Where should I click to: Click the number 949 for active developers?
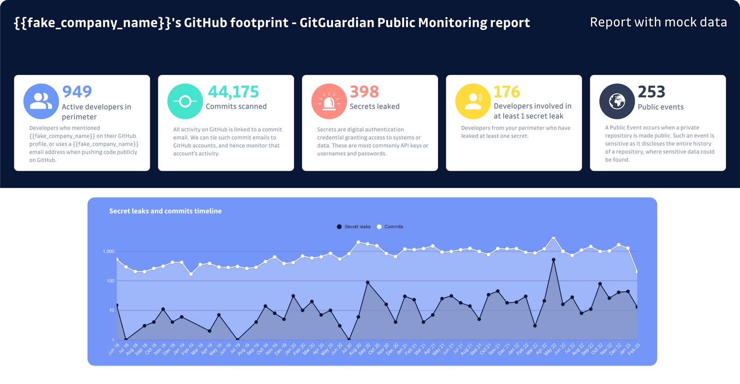(77, 92)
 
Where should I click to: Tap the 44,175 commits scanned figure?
(233, 92)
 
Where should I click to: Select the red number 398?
(364, 92)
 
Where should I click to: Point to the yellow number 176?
(506, 92)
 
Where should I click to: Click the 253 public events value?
(651, 92)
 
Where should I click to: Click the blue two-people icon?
(41, 101)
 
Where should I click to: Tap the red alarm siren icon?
(329, 101)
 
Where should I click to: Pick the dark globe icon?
(617, 101)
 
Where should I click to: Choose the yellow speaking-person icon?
(473, 101)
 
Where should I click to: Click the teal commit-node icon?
(185, 101)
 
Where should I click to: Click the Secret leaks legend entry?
(354, 227)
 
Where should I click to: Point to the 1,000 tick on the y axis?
(108, 252)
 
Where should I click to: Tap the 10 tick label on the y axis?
(111, 310)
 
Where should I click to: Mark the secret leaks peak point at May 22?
(554, 260)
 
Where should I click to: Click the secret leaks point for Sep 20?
(368, 282)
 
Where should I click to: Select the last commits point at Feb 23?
(637, 272)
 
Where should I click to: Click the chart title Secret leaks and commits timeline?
(165, 211)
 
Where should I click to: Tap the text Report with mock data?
(658, 22)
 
